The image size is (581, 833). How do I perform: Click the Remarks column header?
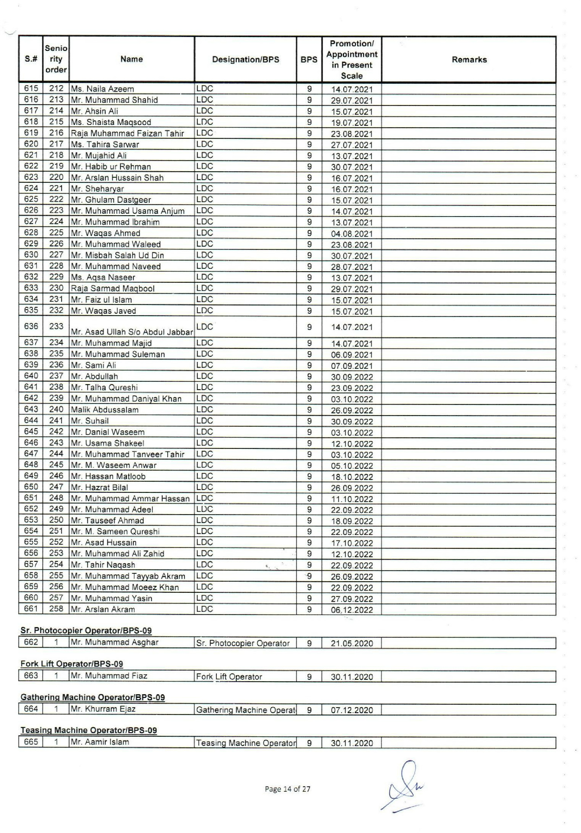(x=469, y=60)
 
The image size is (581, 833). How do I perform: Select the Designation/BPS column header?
(x=246, y=60)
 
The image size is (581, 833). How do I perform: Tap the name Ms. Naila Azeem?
(x=102, y=89)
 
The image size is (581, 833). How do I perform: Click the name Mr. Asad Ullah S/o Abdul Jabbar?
(x=132, y=332)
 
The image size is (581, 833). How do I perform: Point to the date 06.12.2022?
(x=352, y=610)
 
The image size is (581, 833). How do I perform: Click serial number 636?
(x=31, y=326)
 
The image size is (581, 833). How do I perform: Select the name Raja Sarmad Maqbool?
(x=113, y=288)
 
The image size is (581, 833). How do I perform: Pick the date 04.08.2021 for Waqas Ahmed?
(x=352, y=234)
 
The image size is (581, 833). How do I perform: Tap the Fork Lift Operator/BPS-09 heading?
(x=72, y=664)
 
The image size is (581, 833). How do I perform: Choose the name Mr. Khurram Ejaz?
(x=103, y=709)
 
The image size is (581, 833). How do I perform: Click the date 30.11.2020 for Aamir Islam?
(x=352, y=743)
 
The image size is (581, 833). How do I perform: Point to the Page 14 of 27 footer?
(x=287, y=789)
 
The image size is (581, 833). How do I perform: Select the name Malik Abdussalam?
(x=105, y=410)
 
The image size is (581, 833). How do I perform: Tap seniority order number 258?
(x=56, y=609)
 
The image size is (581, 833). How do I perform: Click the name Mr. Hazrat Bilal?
(x=99, y=487)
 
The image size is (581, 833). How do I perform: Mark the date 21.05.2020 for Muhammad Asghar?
(x=352, y=643)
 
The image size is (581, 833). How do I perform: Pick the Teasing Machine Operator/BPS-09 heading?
(x=88, y=730)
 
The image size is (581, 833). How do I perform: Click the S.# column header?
(x=31, y=60)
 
